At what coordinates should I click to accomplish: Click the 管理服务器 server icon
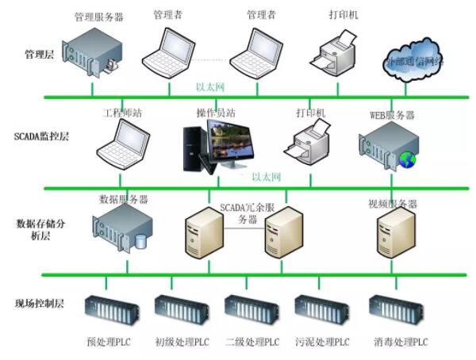coord(94,50)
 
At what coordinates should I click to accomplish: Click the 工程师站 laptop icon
coord(119,144)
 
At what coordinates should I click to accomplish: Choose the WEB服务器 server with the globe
coord(386,146)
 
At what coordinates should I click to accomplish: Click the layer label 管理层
coord(40,56)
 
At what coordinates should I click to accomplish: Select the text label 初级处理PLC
coord(182,342)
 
